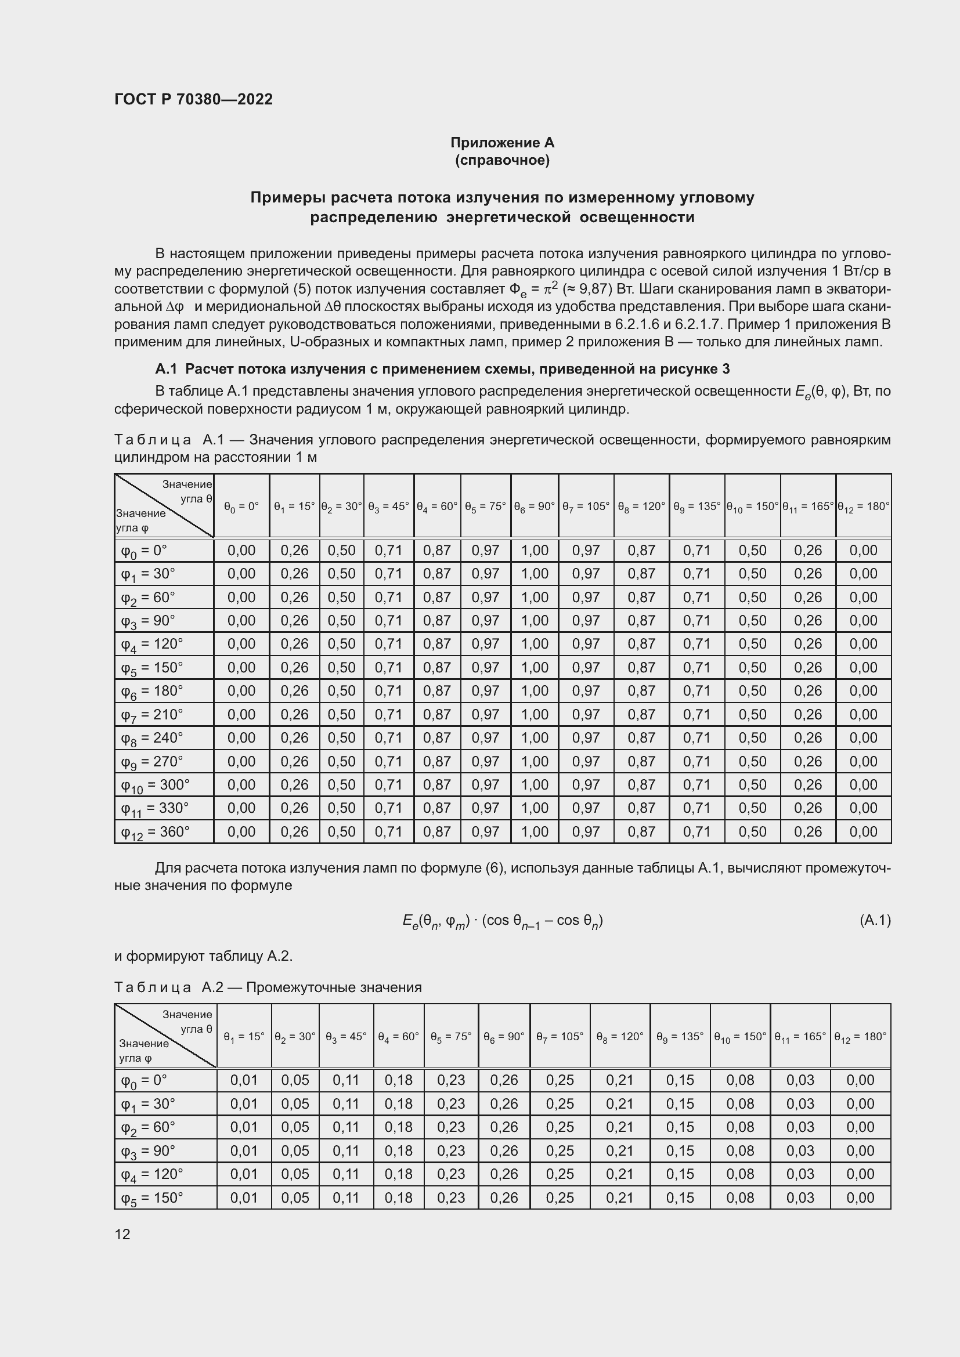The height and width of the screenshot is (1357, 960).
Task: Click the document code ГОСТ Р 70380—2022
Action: coord(193,99)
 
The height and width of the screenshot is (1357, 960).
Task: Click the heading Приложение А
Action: coord(502,143)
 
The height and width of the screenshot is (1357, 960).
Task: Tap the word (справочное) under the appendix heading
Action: coord(502,160)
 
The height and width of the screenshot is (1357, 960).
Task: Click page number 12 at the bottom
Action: coord(122,1234)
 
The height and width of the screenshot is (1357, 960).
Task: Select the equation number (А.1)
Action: coord(874,920)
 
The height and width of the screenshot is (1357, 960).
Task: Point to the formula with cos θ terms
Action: coord(502,921)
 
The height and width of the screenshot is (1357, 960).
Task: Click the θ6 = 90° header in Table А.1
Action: coord(535,506)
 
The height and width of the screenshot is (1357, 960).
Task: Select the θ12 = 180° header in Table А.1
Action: coord(863,506)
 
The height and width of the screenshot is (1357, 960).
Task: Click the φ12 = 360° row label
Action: coord(155,832)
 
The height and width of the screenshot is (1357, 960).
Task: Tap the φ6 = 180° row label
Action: coord(152,691)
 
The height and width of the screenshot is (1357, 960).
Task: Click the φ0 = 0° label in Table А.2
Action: coord(145,1080)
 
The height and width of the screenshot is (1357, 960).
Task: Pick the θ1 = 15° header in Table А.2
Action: coord(244,1037)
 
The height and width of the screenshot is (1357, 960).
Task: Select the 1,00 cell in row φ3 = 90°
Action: coord(535,621)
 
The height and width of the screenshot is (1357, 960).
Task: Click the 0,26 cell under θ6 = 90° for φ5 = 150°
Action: coord(504,1197)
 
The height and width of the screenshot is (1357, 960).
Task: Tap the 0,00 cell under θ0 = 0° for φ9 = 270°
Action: coord(241,761)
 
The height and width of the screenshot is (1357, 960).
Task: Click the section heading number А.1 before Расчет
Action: coord(166,369)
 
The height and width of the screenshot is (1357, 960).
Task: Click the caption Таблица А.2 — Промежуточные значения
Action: coord(268,987)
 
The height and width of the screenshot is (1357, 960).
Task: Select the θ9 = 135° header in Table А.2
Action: coord(680,1037)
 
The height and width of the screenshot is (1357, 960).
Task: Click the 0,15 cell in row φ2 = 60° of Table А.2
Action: coord(680,1127)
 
